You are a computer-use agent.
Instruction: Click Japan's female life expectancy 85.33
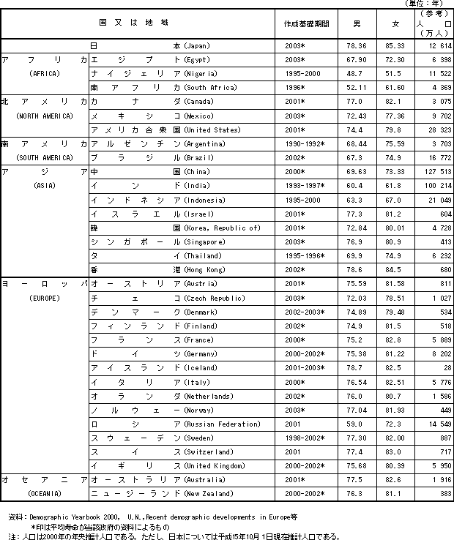coord(395,45)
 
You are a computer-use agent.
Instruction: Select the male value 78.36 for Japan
coord(356,45)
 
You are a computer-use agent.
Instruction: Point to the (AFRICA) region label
coord(44,74)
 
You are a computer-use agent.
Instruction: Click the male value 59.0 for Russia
coord(356,424)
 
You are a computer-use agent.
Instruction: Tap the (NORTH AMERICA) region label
coord(44,116)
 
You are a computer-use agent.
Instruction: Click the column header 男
coord(356,23)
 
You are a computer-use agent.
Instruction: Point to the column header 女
coord(395,23)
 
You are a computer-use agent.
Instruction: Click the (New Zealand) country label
coord(209,494)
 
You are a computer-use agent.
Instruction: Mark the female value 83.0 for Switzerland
coord(395,452)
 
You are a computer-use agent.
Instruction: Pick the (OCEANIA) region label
coord(44,494)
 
